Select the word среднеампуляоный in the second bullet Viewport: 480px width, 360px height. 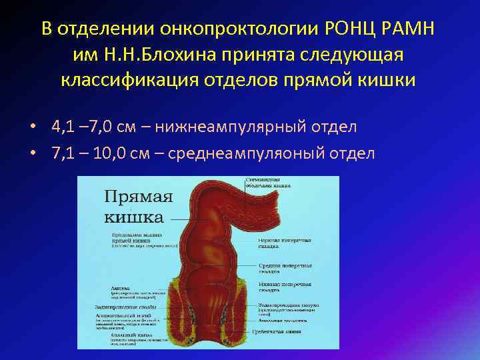coord(248,153)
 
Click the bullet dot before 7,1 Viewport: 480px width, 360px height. coord(33,154)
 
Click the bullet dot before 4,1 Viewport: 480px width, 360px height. coord(33,127)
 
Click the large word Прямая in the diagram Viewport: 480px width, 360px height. coord(138,198)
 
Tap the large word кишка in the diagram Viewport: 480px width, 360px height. coord(133,217)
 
